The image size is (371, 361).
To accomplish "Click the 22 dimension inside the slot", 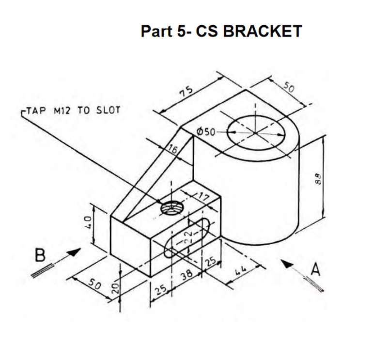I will click(190, 236).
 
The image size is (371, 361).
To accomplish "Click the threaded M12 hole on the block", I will click(172, 208).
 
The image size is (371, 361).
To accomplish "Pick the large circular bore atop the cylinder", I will click(254, 131).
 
